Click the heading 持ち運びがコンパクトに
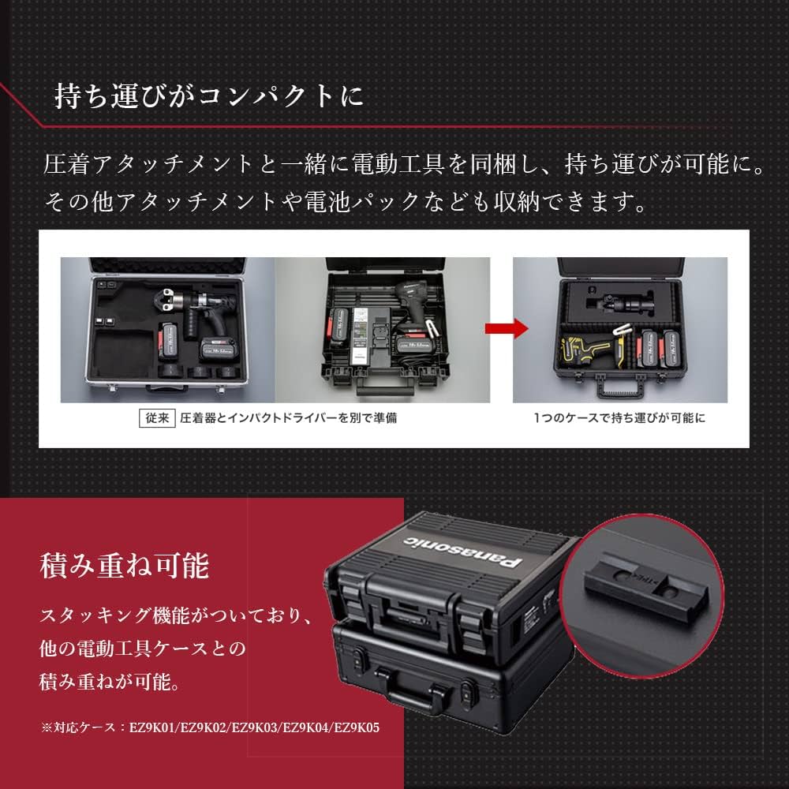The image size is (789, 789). coord(209,97)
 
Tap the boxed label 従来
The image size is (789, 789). coord(155,418)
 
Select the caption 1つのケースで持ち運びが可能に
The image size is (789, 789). coord(618,418)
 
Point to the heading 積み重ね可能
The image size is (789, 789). coord(124,567)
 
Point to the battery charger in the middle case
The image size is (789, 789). coord(370,335)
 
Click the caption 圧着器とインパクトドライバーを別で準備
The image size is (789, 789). coord(288,418)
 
